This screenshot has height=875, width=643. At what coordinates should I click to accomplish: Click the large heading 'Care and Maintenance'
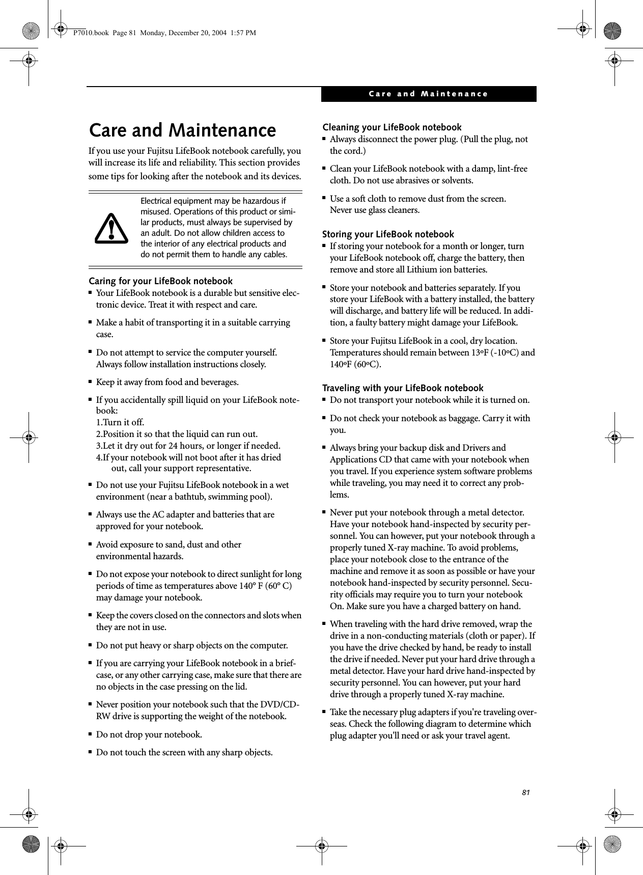pos(182,130)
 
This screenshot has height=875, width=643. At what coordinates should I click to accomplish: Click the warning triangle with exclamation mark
pos(111,229)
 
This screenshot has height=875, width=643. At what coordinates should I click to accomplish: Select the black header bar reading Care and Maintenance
pos(428,94)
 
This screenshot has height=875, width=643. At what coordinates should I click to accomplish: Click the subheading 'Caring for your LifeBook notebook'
pos(161,281)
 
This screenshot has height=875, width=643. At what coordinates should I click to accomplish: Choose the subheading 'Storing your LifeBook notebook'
pos(388,234)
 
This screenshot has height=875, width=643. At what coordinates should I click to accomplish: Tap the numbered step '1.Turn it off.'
pos(120,422)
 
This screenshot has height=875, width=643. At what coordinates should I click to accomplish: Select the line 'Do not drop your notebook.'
pos(149,734)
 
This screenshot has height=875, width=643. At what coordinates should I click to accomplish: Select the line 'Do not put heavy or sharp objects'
pos(191,645)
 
